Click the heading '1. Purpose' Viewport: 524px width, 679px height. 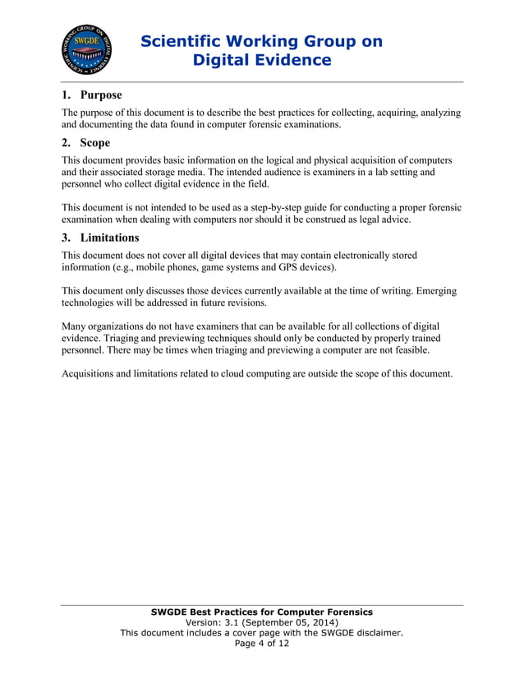92,95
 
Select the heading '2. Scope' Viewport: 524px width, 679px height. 86,142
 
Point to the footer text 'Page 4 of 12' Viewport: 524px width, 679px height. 262,643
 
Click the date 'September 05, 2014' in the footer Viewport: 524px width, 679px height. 285,622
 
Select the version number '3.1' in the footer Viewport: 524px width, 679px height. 226,622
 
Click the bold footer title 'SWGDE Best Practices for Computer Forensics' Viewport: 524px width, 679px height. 262,612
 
